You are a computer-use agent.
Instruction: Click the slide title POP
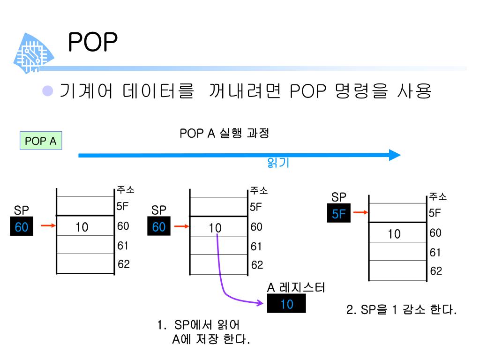(x=92, y=43)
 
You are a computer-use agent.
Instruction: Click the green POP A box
(x=41, y=141)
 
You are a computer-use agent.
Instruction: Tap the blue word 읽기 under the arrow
(x=278, y=163)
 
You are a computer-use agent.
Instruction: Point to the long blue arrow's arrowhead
(x=395, y=155)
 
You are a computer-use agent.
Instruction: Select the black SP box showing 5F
(x=339, y=214)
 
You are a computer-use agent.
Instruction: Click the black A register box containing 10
(x=286, y=305)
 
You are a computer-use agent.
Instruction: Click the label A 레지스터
(x=296, y=288)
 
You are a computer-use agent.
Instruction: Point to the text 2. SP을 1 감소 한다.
(x=401, y=310)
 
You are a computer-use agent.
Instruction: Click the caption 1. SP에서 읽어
(x=200, y=325)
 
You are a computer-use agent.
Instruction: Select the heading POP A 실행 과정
(x=225, y=134)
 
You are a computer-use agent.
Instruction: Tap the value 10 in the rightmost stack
(x=394, y=234)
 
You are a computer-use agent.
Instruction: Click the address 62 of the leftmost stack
(x=123, y=264)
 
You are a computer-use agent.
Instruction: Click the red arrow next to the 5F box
(x=360, y=213)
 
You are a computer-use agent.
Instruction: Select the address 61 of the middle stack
(x=256, y=246)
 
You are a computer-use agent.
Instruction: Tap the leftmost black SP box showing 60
(x=22, y=227)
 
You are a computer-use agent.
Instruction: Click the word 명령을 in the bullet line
(x=361, y=90)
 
